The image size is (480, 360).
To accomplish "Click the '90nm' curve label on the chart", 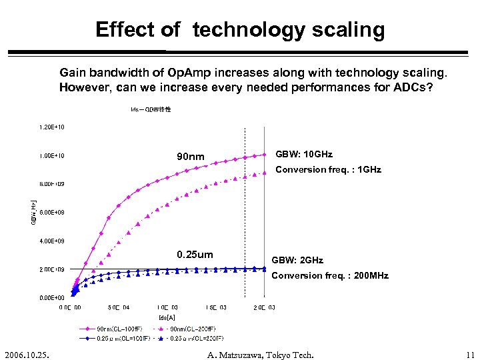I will point(190,157).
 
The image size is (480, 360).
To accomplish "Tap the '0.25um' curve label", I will point(195,255).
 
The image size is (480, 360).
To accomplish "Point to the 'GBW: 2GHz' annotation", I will point(297,260).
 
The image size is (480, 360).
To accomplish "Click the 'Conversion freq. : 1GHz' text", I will point(328,169).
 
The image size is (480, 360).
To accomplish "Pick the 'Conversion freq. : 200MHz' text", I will point(330,275).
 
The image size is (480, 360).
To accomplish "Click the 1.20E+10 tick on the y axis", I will point(51,127).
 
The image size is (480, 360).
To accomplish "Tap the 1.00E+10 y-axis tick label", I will point(51,156).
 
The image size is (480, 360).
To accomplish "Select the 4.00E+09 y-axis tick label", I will point(51,241).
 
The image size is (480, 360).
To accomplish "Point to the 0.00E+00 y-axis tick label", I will point(51,297).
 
